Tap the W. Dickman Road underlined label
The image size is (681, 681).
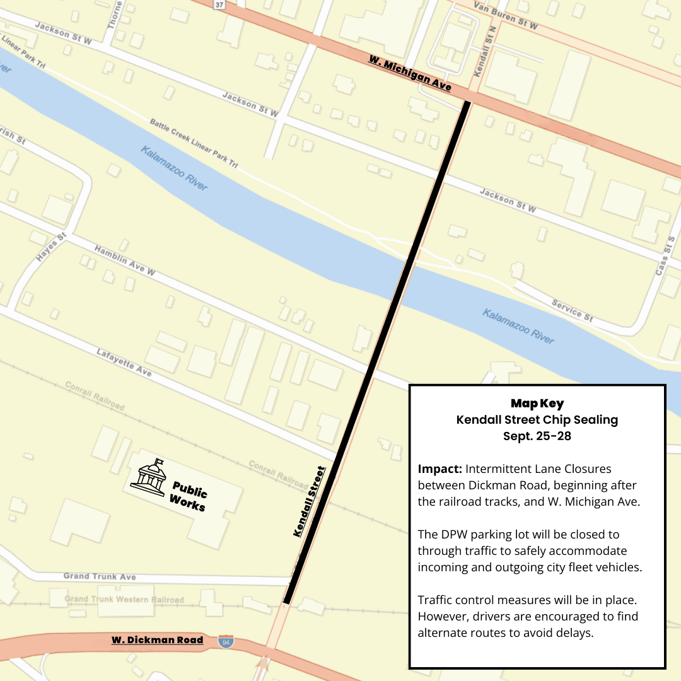click(158, 640)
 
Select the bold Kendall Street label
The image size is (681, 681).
click(309, 501)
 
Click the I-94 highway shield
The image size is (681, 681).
click(225, 642)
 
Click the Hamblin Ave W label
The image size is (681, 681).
click(125, 260)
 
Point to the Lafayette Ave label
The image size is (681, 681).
click(124, 363)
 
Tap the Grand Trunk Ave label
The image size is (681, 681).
click(100, 576)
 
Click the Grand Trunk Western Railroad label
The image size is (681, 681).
click(124, 599)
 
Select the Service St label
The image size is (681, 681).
click(572, 310)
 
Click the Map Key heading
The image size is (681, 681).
click(537, 404)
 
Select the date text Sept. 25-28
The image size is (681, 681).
click(537, 436)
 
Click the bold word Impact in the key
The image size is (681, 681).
click(439, 469)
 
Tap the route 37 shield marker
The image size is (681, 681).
click(219, 4)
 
